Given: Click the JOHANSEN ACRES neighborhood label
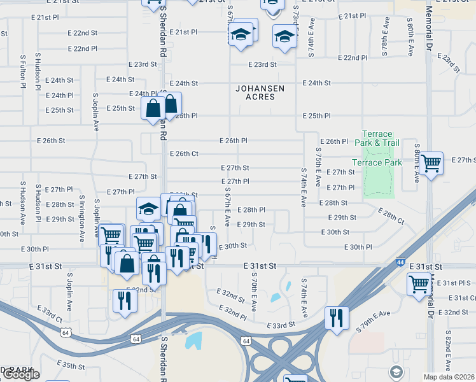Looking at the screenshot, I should point(260,92).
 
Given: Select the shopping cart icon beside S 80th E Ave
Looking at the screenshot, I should point(431,164).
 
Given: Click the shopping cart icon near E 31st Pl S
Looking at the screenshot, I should point(419,283).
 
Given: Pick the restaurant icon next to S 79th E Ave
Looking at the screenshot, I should point(336,316).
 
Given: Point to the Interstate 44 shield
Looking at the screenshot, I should point(400,262).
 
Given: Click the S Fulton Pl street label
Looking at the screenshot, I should point(23,70).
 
